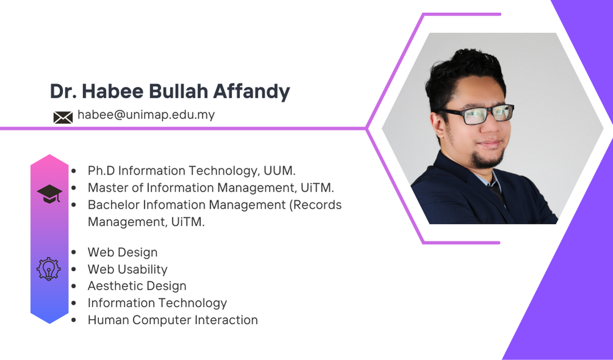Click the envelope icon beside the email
(63, 117)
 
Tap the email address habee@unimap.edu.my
(146, 115)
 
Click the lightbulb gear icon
(49, 269)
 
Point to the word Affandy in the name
(252, 92)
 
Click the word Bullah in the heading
(178, 91)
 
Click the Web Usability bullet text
(128, 269)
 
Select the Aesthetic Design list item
(137, 286)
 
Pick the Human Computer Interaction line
(173, 320)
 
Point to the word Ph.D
(101, 171)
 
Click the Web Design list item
(123, 253)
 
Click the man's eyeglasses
(477, 113)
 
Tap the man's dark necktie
(496, 192)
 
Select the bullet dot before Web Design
(74, 253)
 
